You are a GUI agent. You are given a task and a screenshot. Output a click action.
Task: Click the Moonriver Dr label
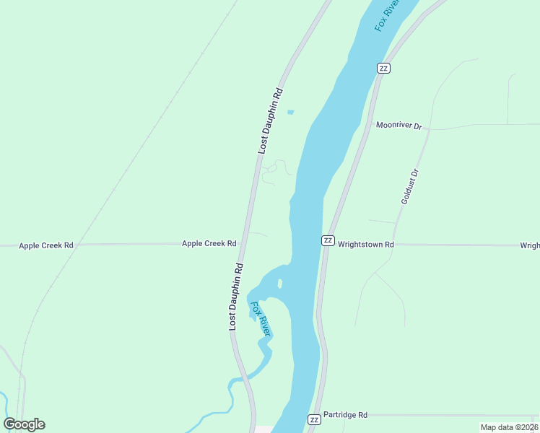[399, 125]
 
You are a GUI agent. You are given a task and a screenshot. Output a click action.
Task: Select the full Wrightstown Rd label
[366, 245]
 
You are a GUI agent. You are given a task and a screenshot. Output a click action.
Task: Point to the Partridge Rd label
[345, 415]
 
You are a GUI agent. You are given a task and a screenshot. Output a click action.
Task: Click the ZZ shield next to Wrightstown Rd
[328, 240]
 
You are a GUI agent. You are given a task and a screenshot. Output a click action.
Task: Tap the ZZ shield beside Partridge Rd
[314, 419]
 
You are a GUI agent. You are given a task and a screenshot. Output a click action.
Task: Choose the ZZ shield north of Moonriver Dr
[383, 68]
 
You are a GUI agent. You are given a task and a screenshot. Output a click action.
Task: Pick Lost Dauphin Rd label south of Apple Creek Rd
[235, 297]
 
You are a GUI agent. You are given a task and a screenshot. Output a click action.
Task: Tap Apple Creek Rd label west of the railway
[46, 245]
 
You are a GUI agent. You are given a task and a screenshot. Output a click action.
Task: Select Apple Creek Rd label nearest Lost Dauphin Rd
[209, 244]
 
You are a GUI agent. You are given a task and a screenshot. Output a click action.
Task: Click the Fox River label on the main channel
[387, 14]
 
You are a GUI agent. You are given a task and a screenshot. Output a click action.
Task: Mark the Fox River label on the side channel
[260, 318]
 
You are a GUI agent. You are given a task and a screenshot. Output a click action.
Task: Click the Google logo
[25, 424]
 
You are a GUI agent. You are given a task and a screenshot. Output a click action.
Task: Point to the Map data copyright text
[510, 427]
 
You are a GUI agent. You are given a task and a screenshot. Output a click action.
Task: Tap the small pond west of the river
[291, 112]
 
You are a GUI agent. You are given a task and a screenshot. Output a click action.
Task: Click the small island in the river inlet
[279, 283]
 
